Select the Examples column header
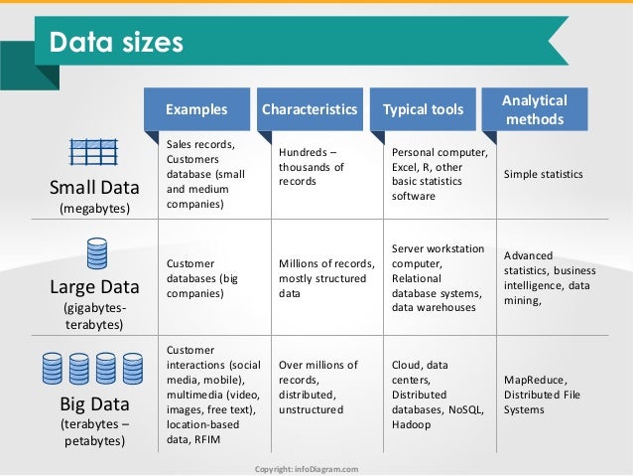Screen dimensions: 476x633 coord(196,109)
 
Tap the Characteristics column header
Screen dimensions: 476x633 coord(309,109)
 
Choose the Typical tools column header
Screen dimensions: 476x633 coord(423,109)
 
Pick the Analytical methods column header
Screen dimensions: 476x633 coord(535,109)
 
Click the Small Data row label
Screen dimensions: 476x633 coord(94,188)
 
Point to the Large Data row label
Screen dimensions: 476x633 coord(94,289)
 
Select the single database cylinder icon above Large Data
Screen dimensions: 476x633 coord(96,255)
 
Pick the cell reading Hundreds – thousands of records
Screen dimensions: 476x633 coord(312,167)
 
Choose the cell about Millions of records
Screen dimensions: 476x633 coord(326,279)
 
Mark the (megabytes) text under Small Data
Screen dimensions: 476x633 coord(94,208)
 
